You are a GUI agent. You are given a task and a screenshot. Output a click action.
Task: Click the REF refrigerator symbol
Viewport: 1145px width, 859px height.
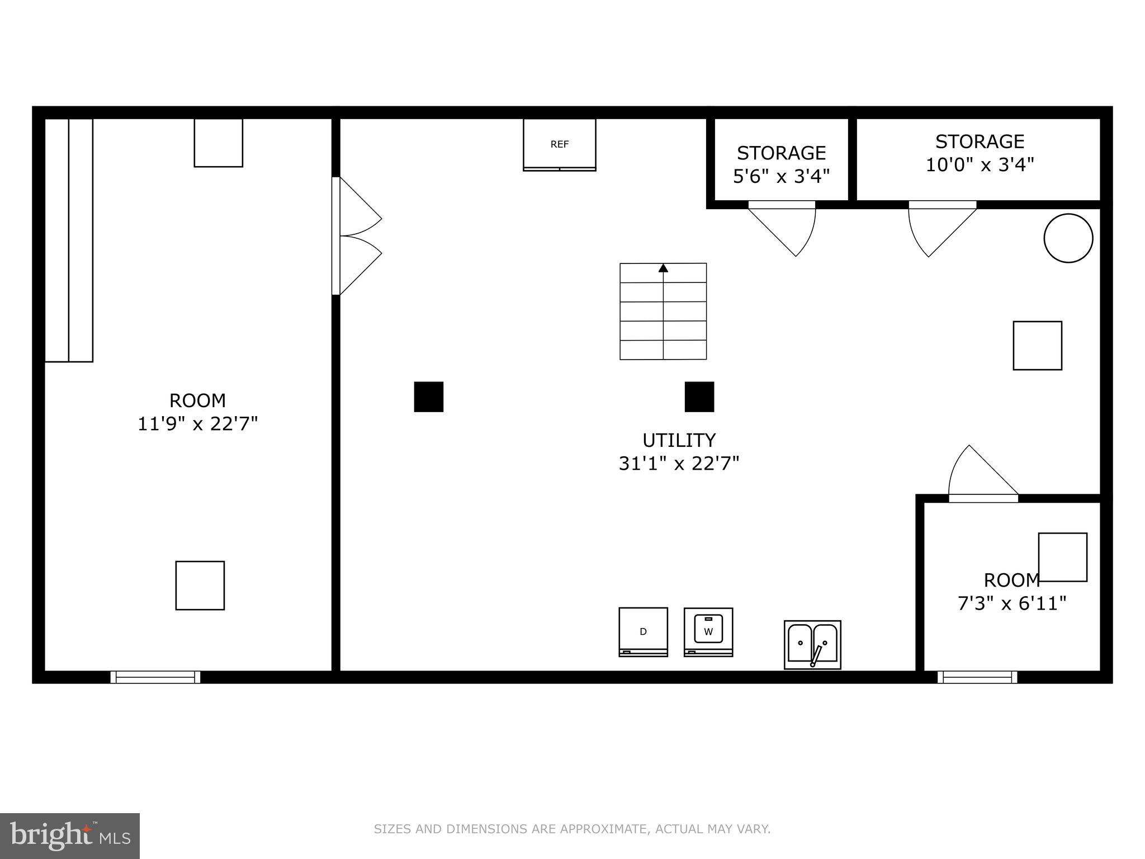[x=559, y=144]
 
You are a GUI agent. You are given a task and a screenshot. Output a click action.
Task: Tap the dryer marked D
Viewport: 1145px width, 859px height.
[x=643, y=631]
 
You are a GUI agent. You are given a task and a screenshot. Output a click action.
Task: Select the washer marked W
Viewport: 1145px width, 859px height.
[x=708, y=632]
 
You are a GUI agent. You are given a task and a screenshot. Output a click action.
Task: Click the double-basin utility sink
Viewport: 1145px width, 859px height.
[x=812, y=644]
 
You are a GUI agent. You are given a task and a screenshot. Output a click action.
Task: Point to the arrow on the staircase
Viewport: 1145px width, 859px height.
[x=663, y=268]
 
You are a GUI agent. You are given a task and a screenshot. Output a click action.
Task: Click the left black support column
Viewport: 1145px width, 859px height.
[x=429, y=397]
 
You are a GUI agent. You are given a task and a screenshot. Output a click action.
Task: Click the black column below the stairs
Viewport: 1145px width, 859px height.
[x=699, y=397]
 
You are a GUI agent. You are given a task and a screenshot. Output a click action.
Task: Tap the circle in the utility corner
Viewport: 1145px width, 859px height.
[x=1068, y=238]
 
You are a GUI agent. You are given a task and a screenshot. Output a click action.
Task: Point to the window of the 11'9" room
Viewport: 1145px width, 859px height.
[x=155, y=677]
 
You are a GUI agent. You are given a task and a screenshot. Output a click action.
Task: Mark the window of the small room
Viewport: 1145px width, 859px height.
[x=977, y=677]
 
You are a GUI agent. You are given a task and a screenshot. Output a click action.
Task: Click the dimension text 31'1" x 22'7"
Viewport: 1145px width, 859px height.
[x=679, y=464]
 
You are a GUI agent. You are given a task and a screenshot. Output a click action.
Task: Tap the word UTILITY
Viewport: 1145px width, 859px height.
[x=679, y=441]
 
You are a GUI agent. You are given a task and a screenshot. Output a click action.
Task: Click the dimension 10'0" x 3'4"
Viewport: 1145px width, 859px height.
[x=980, y=165]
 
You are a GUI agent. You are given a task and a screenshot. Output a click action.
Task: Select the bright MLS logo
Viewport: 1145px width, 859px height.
[x=69, y=836]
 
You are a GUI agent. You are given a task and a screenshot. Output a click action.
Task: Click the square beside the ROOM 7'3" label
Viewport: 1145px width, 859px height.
[x=1062, y=557]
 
